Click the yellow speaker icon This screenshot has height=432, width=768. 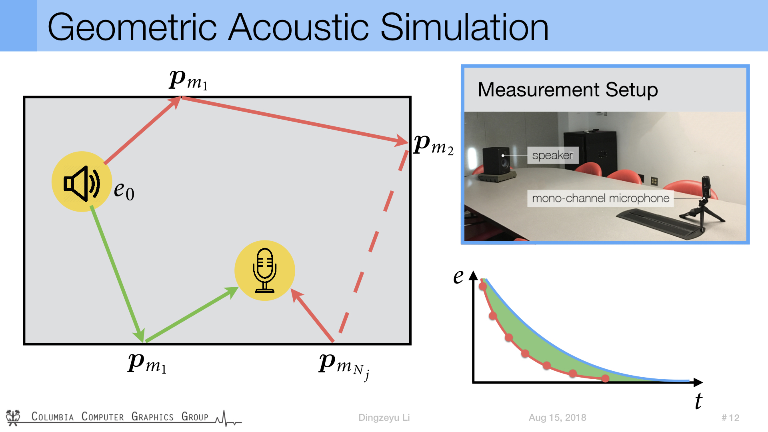tap(82, 182)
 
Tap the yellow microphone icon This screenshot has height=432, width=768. tap(264, 270)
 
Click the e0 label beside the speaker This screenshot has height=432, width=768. tap(124, 190)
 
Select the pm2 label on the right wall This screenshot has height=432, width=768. tap(434, 144)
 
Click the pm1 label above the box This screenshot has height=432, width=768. tap(188, 80)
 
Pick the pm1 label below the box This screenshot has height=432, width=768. tap(147, 363)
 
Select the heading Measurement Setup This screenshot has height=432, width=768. tap(568, 90)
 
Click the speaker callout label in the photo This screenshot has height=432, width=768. tap(553, 155)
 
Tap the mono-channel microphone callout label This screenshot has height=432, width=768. tap(600, 198)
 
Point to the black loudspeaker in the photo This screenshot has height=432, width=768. tap(496, 162)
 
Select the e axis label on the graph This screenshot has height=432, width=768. tap(458, 276)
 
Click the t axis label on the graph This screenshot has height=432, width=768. tap(698, 401)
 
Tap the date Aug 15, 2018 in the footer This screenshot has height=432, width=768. tap(557, 418)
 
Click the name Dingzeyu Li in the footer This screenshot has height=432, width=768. tap(384, 418)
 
